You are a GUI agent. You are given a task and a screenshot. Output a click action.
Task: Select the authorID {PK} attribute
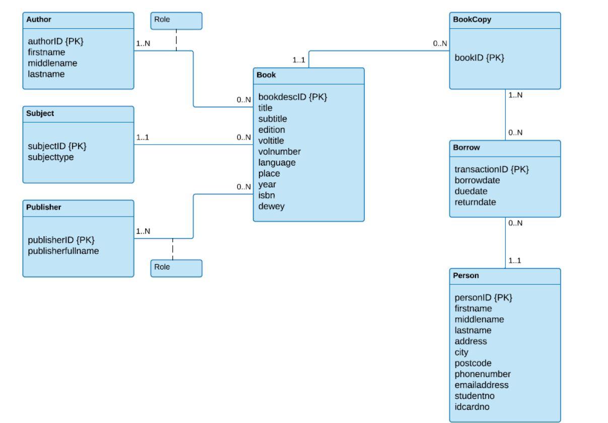55,41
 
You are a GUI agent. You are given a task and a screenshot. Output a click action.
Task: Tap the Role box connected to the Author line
176,21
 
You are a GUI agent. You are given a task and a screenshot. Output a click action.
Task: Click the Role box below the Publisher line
176,268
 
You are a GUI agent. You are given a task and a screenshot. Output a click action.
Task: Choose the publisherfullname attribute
63,251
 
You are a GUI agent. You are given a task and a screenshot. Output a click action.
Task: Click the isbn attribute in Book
267,195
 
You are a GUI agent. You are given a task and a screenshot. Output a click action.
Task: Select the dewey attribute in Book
272,206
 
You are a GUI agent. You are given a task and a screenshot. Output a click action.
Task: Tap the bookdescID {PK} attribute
293,97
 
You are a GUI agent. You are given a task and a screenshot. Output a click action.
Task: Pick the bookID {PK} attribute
479,58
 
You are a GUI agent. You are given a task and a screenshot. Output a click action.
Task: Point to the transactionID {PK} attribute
492,169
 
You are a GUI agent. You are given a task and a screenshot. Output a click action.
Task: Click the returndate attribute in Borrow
475,202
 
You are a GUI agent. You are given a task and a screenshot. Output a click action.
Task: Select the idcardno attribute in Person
472,407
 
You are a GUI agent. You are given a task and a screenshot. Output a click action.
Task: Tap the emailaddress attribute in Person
482,385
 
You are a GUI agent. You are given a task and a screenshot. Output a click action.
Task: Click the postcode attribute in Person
473,363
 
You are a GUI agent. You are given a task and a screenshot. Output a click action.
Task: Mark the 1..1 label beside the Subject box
143,137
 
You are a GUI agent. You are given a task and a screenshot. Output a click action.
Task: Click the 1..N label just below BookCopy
515,95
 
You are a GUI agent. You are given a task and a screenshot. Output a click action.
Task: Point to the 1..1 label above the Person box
515,261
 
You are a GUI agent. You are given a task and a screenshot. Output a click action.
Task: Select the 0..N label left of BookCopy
440,44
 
